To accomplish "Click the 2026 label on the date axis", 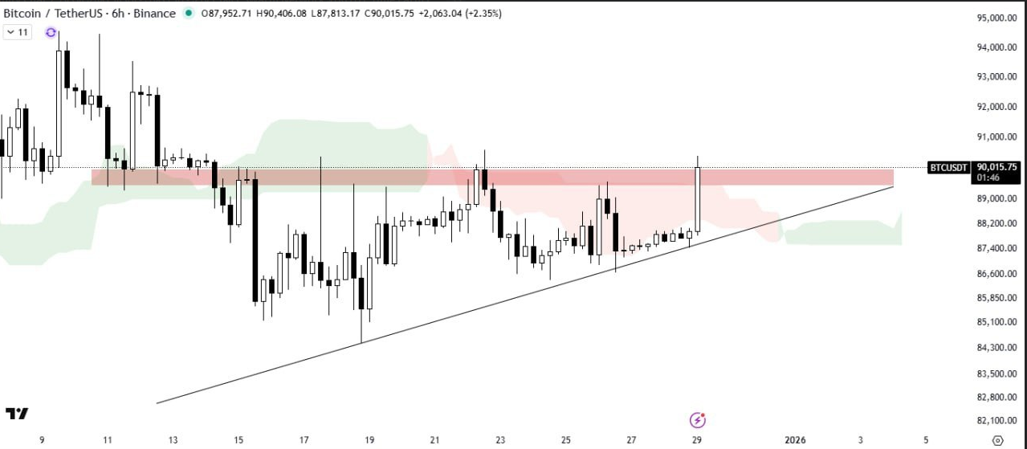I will click(795, 440).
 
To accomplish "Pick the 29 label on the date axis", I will click(697, 440).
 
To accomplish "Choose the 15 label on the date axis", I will click(238, 440).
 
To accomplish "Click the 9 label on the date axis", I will click(42, 440).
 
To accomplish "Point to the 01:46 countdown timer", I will click(987, 177).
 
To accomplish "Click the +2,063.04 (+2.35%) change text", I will click(460, 13).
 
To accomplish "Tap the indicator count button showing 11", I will click(18, 32).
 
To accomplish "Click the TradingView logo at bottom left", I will click(17, 414).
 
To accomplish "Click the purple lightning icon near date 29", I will click(698, 419).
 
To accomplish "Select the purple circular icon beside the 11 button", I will click(51, 32).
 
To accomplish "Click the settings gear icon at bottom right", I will click(998, 440).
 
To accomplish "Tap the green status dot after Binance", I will click(188, 13).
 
